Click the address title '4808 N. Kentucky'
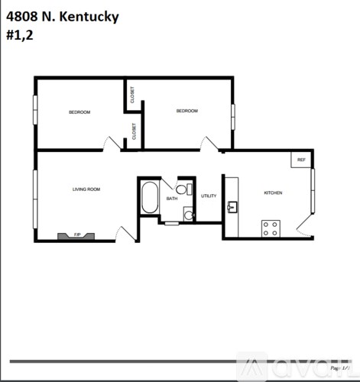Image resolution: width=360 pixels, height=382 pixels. coord(62,16)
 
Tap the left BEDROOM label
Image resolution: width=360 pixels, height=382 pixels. coord(79,112)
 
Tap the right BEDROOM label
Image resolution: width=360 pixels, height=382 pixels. coord(187,111)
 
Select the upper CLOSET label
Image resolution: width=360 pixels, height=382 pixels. coord(133,95)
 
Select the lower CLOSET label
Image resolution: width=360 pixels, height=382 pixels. coord(134,131)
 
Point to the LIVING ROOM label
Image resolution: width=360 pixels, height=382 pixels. coord(86,189)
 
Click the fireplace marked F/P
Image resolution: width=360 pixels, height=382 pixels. coord(76,235)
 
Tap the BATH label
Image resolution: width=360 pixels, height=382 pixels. coord(172,199)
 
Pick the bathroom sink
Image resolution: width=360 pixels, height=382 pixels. coord(188,215)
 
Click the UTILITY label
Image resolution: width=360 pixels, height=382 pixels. coord(209,196)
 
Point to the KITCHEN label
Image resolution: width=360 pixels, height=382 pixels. coord(273,193)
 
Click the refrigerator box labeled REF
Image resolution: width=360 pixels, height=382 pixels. coord(301,160)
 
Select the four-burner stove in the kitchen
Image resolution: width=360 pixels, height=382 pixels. coord(271,227)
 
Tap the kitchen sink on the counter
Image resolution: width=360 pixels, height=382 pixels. coord(232,206)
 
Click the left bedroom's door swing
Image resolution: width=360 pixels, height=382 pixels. coord(112,143)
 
